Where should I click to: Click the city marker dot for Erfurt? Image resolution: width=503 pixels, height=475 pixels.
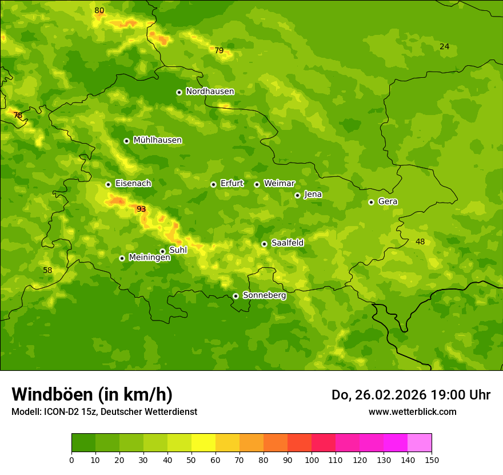pyautogui.click(x=213, y=184)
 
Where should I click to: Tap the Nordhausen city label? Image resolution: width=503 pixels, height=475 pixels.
pyautogui.click(x=210, y=92)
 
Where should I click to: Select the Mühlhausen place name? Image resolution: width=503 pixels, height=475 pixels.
pyautogui.click(x=157, y=140)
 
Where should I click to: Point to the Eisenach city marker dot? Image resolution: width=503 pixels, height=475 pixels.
pyautogui.click(x=108, y=184)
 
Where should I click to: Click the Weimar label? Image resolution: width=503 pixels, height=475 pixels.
pyautogui.click(x=279, y=184)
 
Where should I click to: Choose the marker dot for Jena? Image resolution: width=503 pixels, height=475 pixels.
pyautogui.click(x=297, y=195)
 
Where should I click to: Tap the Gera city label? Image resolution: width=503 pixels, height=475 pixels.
pyautogui.click(x=388, y=201)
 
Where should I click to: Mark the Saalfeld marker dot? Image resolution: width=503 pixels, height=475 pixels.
pyautogui.click(x=264, y=244)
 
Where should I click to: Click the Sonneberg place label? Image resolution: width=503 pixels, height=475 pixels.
pyautogui.click(x=264, y=295)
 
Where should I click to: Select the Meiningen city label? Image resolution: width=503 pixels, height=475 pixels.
pyautogui.click(x=149, y=258)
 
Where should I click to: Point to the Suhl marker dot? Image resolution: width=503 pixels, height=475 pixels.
pyautogui.click(x=162, y=251)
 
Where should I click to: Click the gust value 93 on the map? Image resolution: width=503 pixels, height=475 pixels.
pyautogui.click(x=141, y=209)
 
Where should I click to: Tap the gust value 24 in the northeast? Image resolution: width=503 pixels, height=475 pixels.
pyautogui.click(x=444, y=46)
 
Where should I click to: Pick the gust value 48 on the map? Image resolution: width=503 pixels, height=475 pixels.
pyautogui.click(x=420, y=242)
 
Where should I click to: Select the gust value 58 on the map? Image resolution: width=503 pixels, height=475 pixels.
pyautogui.click(x=47, y=270)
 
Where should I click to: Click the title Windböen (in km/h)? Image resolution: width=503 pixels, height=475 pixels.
pyautogui.click(x=92, y=394)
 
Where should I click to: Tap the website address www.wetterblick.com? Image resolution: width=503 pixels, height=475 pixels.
pyautogui.click(x=412, y=411)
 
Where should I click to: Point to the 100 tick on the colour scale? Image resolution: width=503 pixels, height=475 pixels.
pyautogui.click(x=312, y=460)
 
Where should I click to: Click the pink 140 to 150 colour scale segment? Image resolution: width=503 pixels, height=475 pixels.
pyautogui.click(x=420, y=442)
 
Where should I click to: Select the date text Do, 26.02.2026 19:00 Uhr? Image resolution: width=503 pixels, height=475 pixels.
pyautogui.click(x=410, y=395)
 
